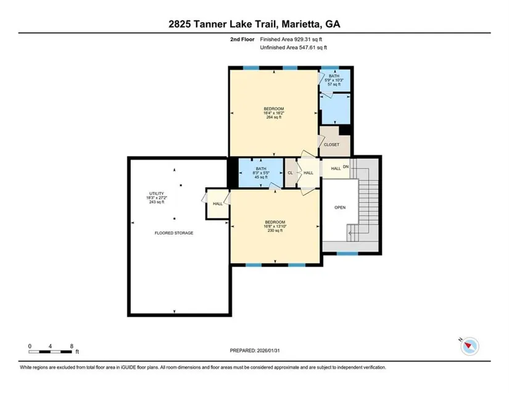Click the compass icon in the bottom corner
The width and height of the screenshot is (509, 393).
[x=470, y=346]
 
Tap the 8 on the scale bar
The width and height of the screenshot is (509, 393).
[x=72, y=346]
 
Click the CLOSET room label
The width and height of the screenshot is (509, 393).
[x=331, y=145]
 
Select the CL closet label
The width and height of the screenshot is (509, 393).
[x=290, y=173]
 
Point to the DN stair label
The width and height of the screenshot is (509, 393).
[x=346, y=167]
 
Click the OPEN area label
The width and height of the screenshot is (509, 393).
[x=340, y=207]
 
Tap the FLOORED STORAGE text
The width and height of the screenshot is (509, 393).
[x=174, y=233]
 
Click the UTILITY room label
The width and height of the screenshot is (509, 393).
[x=157, y=194]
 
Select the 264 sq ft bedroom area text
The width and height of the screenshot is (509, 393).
[x=274, y=117]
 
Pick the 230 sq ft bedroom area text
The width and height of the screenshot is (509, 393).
[x=275, y=231]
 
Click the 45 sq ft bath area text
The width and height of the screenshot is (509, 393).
[x=261, y=177]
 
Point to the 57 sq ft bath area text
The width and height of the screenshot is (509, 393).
[x=334, y=85]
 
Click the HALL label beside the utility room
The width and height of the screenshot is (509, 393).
[x=218, y=204]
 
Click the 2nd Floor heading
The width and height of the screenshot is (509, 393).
[x=242, y=39]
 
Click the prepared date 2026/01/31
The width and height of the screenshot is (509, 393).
[x=268, y=350]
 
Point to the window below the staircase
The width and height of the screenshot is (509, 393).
[x=347, y=254]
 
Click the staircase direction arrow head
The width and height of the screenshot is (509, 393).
[x=350, y=233]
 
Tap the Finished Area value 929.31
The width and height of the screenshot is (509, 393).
[x=301, y=39]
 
